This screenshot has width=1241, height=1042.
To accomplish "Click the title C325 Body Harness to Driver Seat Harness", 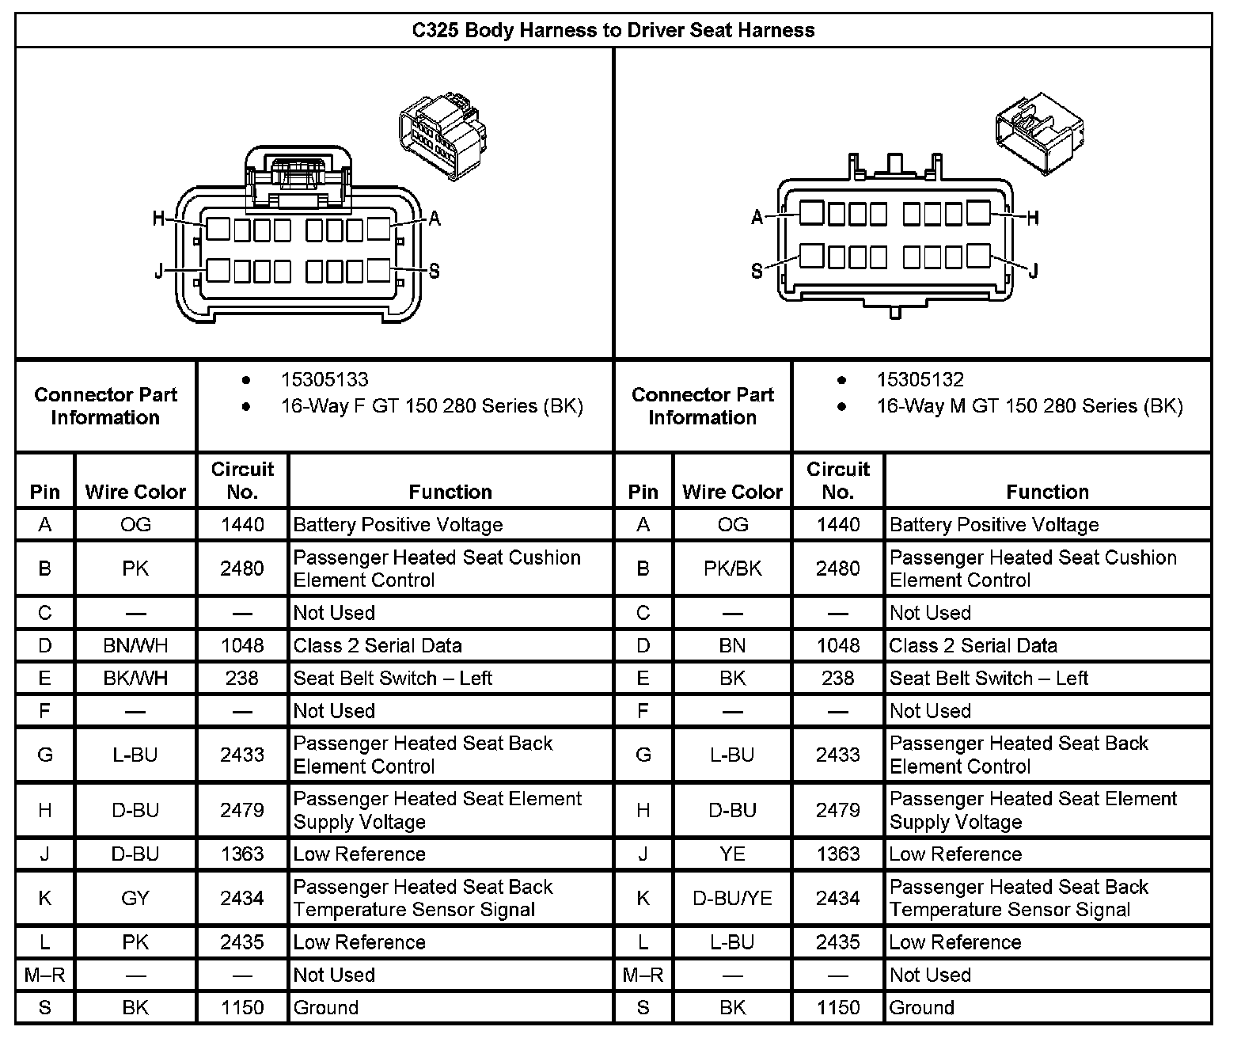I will (613, 30).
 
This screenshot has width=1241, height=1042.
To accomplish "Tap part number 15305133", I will (324, 380).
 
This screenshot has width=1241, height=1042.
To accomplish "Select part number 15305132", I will (920, 380).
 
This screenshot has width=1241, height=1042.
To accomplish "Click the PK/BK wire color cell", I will (732, 569).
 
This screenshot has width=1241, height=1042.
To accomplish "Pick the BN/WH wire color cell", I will (135, 645).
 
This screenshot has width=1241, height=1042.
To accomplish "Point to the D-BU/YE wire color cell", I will (732, 898).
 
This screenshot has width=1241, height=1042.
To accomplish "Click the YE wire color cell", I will (732, 854).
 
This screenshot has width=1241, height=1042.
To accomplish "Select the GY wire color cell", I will (135, 898).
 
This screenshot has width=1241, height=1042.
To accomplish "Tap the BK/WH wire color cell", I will (135, 678).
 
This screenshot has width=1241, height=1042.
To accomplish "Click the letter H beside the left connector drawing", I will (159, 219).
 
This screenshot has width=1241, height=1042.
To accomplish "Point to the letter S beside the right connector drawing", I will (757, 272).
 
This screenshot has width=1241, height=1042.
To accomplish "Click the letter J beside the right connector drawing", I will (1033, 272).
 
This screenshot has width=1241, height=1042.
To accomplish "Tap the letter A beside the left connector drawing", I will (434, 219).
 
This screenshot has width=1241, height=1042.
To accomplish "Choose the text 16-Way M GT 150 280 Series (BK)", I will (1029, 407).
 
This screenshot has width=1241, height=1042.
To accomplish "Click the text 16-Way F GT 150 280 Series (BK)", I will (431, 407).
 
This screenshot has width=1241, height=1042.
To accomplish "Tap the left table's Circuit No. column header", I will (242, 480).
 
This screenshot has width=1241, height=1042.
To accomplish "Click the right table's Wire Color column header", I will (732, 492).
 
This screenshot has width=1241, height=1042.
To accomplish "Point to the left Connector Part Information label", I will (105, 406).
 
